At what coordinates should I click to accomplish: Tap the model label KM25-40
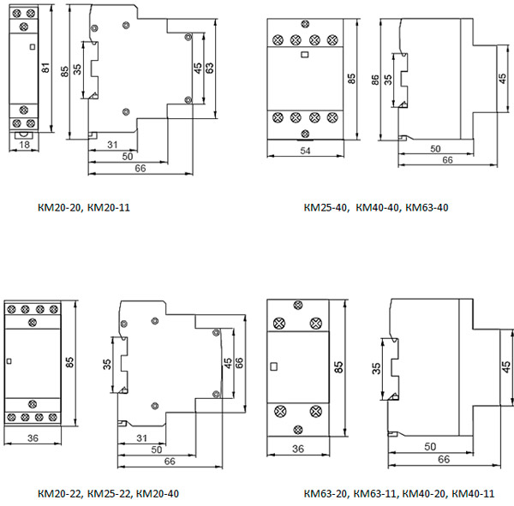tap(326, 206)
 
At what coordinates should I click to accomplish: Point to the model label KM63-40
tap(427, 206)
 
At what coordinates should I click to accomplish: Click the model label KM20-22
tap(61, 494)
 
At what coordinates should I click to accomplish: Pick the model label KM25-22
tap(111, 494)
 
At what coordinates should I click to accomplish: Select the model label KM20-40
tap(158, 494)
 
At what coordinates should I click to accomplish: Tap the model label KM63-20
tap(326, 494)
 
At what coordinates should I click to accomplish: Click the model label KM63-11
tap(375, 494)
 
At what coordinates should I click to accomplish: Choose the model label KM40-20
tap(424, 494)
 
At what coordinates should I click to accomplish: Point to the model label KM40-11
tap(474, 494)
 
